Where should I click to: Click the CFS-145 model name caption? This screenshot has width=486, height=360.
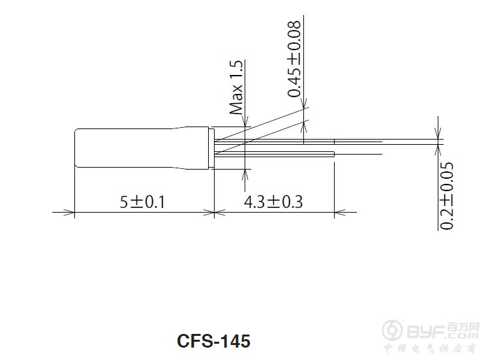pos(213,340)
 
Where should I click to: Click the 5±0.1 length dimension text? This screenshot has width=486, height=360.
pos(142,202)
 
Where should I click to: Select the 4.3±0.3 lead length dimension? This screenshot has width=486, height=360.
pos(273,202)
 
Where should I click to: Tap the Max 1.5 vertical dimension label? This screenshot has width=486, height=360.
pos(236,87)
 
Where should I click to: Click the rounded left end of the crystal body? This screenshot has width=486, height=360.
pos(78,149)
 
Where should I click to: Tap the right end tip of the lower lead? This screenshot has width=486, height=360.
pos(333,154)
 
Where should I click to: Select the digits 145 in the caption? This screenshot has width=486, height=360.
pos(235,340)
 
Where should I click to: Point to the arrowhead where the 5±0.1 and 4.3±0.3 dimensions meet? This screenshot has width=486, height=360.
pos(215,212)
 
